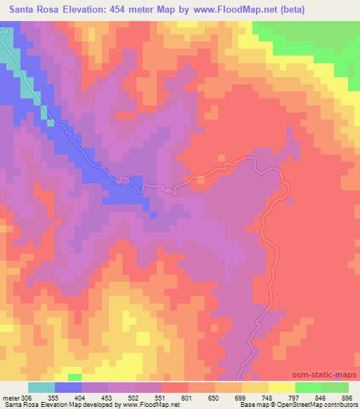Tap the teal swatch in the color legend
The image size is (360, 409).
tap(41, 387)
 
